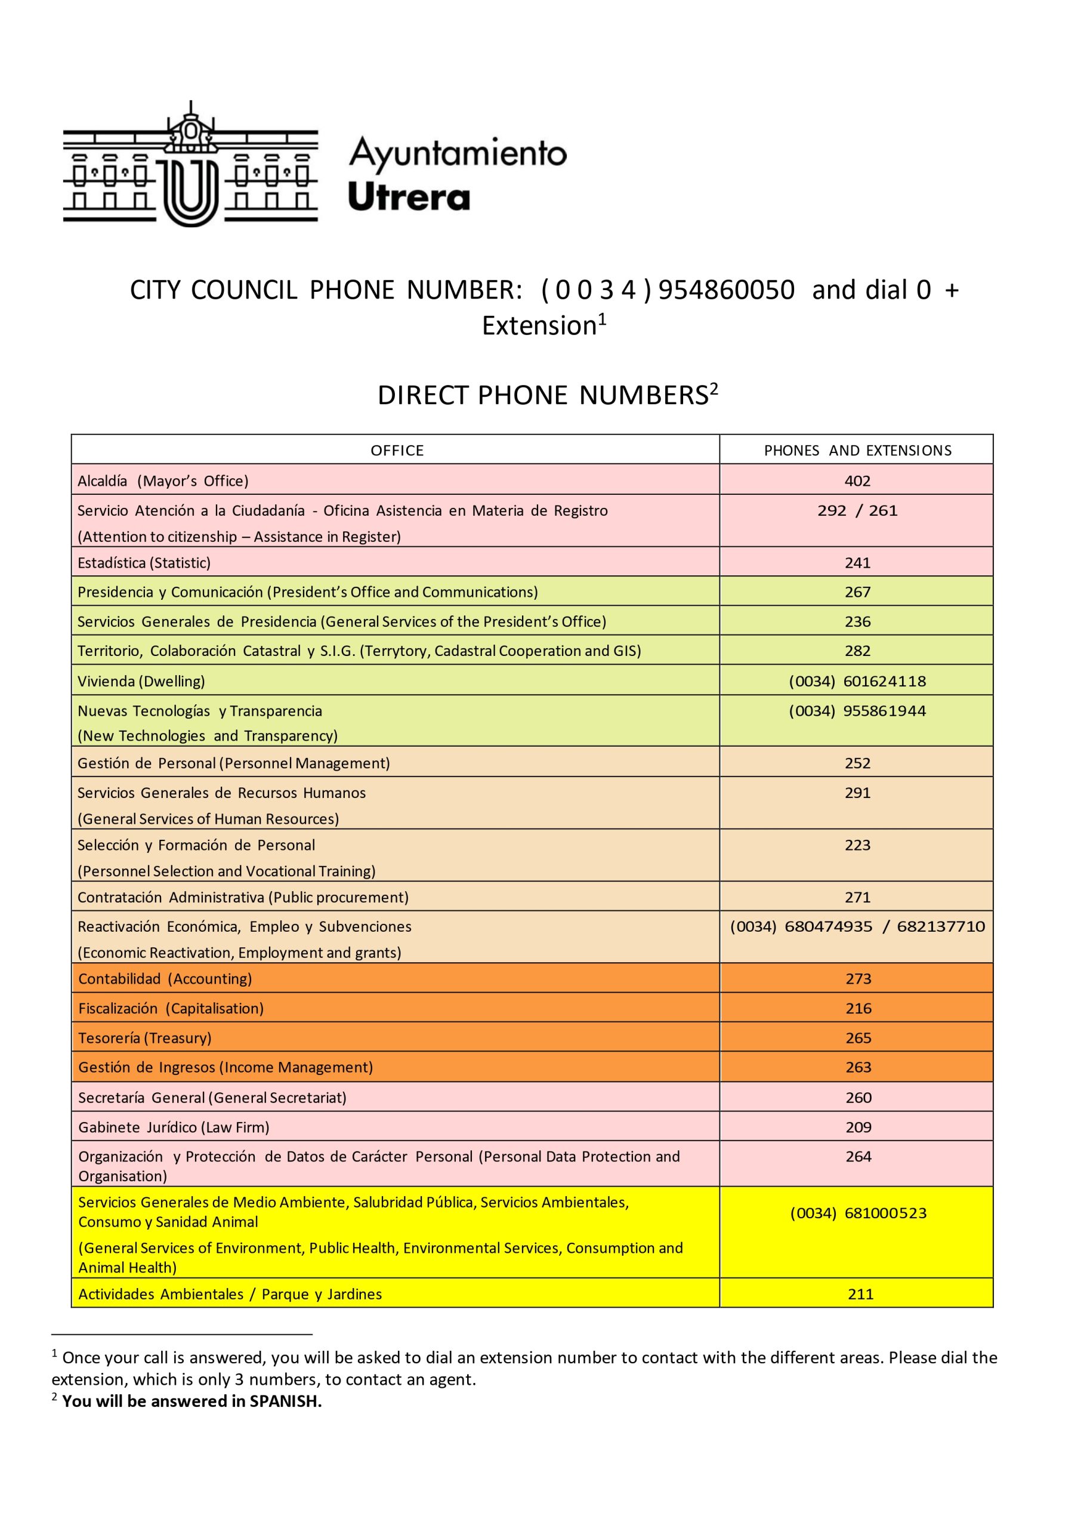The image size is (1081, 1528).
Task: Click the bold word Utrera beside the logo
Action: coord(409,198)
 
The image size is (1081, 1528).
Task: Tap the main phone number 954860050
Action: coord(726,290)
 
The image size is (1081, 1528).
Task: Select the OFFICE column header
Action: coord(397,451)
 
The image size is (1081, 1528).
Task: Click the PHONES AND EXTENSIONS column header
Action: coord(857,451)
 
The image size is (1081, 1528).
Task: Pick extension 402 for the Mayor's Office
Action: coord(857,480)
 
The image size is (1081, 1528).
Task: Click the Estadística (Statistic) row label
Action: coord(144,563)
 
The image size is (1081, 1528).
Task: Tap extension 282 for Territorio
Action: coord(857,651)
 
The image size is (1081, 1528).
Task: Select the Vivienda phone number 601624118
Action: coord(884,681)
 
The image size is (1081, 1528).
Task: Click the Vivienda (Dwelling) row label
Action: coord(141,681)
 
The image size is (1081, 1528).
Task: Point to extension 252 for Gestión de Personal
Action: coord(857,763)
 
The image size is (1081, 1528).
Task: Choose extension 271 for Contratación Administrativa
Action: coord(857,897)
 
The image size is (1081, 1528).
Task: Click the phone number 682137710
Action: coord(941,926)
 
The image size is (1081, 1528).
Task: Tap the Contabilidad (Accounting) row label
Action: coord(165,979)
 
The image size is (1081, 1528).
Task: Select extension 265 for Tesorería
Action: coord(858,1038)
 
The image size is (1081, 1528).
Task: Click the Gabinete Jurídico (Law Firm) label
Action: coord(174,1127)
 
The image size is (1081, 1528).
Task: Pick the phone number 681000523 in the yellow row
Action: coord(885,1213)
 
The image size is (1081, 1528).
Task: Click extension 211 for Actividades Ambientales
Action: coord(860,1294)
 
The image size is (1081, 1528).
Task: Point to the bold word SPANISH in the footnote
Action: coord(285,1401)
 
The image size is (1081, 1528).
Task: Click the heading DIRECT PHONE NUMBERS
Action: coord(542,396)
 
